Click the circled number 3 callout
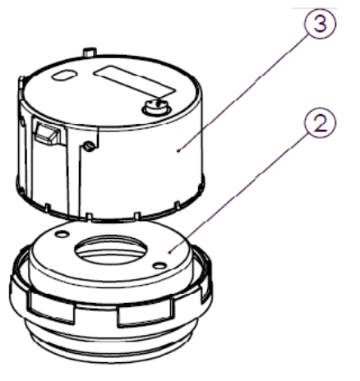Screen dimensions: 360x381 (320, 24)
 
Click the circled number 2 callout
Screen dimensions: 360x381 (320, 123)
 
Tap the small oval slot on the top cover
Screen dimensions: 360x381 (64, 76)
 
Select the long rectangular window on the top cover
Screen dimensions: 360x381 (134, 81)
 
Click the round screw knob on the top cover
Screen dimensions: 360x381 (156, 107)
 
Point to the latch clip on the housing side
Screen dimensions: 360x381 (47, 133)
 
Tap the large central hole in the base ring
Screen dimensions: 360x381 (111, 249)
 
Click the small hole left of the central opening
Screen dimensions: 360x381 (62, 234)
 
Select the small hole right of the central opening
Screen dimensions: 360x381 (159, 265)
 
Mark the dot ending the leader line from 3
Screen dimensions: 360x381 (178, 150)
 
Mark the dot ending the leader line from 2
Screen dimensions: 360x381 (169, 252)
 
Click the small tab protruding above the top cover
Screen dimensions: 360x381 (90, 52)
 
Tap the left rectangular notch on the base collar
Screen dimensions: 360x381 (51, 307)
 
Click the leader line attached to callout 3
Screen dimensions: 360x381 (243, 92)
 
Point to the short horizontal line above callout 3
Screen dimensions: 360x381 (314, 8)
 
